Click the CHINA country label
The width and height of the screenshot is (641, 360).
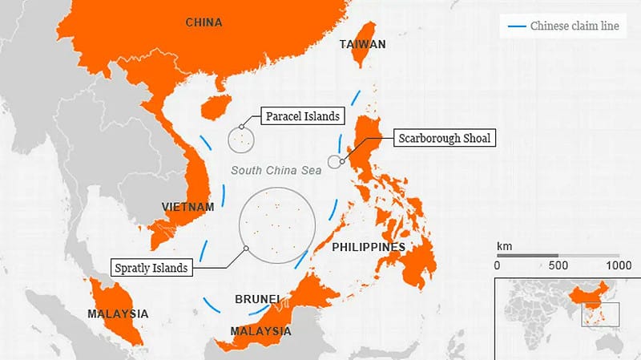tap(204, 22)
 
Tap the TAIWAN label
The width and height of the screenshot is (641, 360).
tap(363, 45)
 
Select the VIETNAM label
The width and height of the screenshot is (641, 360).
tap(187, 207)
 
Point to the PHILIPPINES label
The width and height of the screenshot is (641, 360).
tap(369, 247)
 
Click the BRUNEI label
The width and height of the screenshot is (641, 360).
tap(257, 299)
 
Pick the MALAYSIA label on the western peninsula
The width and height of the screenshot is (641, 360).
tap(118, 312)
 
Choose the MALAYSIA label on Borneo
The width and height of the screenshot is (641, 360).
tap(260, 330)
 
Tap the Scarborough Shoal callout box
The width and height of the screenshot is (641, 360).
tap(444, 139)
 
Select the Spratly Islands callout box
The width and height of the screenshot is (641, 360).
tap(151, 267)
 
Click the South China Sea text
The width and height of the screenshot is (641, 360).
tap(276, 170)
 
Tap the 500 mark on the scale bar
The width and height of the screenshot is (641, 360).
tap(558, 265)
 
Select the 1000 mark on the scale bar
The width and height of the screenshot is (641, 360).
tap(618, 265)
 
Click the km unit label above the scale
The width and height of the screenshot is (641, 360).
tap(503, 245)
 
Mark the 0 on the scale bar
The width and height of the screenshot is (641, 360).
tap(498, 265)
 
